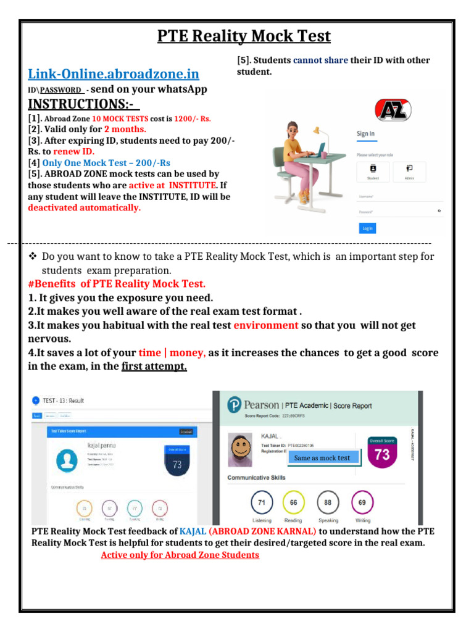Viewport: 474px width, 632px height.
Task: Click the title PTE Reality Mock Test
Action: pyautogui.click(x=244, y=36)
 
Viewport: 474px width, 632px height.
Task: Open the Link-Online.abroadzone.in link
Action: pyautogui.click(x=114, y=74)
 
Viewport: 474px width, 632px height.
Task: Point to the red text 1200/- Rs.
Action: pyautogui.click(x=193, y=118)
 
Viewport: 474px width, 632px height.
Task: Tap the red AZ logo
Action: pyautogui.click(x=393, y=111)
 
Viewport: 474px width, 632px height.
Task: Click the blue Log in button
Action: pyautogui.click(x=367, y=228)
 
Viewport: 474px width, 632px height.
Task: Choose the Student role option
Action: pyautogui.click(x=373, y=171)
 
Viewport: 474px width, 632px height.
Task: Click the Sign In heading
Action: pyautogui.click(x=365, y=134)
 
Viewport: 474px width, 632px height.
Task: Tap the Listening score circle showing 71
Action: pyautogui.click(x=262, y=502)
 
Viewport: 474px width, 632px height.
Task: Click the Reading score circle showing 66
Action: pyautogui.click(x=294, y=502)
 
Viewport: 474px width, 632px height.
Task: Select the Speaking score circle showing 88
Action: pyautogui.click(x=328, y=502)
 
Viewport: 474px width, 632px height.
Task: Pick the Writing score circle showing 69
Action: pyautogui.click(x=362, y=502)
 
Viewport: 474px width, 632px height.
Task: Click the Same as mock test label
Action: pyautogui.click(x=322, y=458)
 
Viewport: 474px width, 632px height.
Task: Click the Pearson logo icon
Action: pyautogui.click(x=233, y=405)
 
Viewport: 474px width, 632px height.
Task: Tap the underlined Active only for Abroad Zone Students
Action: pyautogui.click(x=180, y=555)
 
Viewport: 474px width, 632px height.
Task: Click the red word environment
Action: pyautogui.click(x=266, y=325)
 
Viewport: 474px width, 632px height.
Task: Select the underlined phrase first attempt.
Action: pyautogui.click(x=154, y=367)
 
